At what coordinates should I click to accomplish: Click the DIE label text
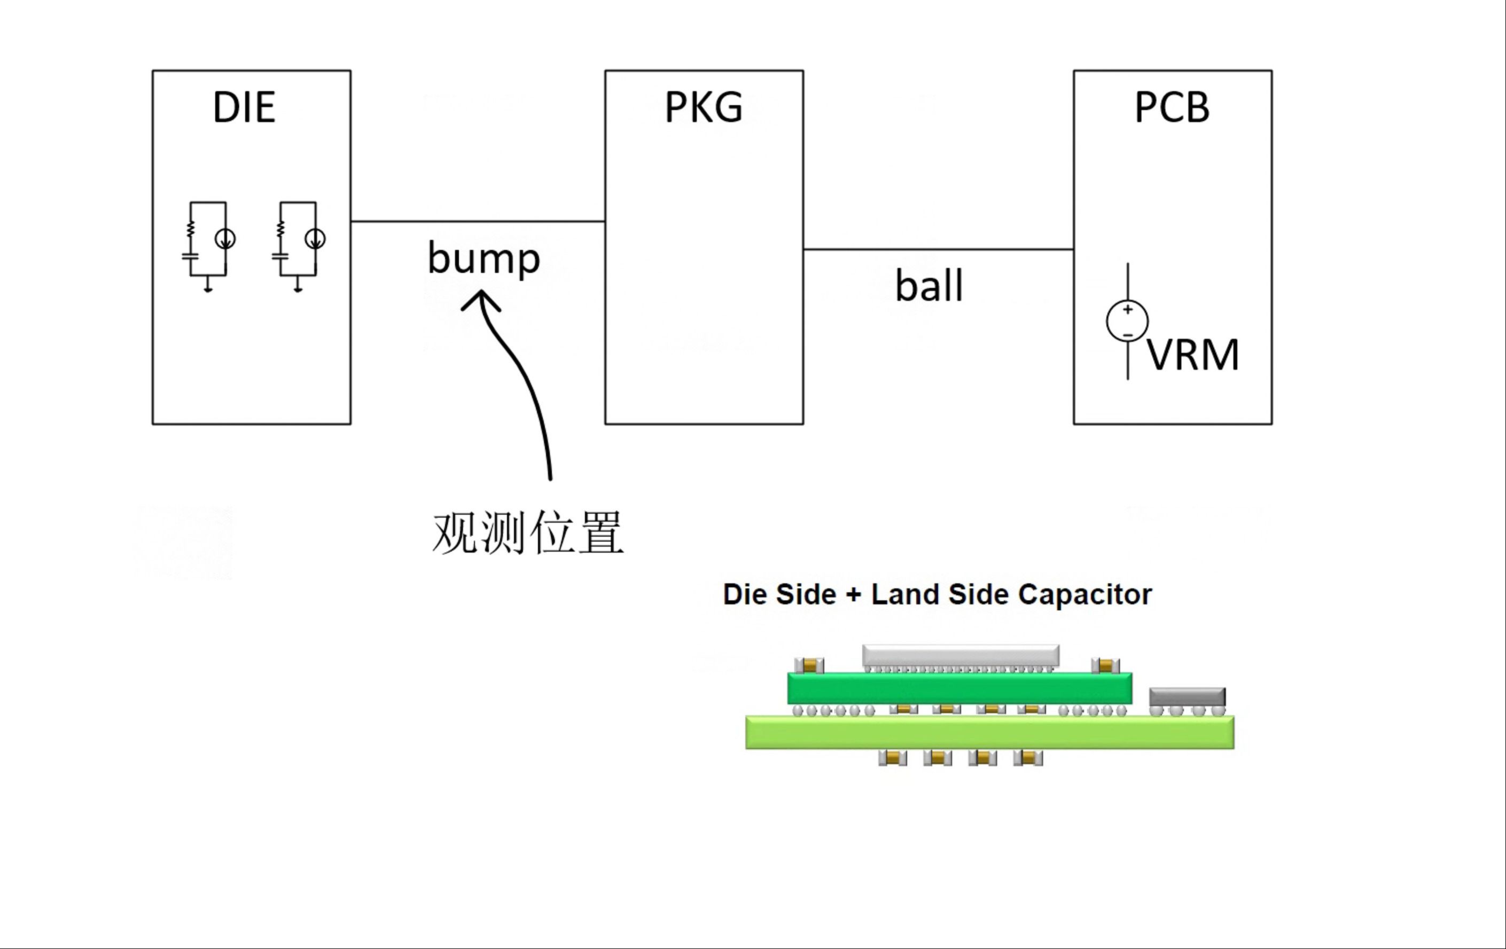[x=244, y=107]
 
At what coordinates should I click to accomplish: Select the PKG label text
[x=704, y=107]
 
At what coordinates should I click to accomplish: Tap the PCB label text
[x=1172, y=107]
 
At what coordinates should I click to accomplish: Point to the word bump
[x=483, y=258]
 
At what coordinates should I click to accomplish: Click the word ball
[x=928, y=286]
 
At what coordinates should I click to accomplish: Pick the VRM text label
[x=1192, y=355]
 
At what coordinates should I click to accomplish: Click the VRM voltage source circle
[x=1127, y=321]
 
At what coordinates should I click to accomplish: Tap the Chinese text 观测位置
[x=528, y=532]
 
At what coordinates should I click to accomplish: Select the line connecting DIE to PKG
[x=478, y=221]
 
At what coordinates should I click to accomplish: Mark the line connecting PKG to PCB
[x=938, y=249]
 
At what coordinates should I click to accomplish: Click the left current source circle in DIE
[x=225, y=239]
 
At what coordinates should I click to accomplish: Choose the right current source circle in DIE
[x=315, y=239]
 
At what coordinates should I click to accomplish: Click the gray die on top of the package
[x=961, y=655]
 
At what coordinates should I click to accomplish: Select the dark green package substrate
[x=959, y=688]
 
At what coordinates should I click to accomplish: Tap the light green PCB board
[x=989, y=732]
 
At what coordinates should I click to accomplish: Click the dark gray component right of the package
[x=1187, y=696]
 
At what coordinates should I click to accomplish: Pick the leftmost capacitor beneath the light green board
[x=893, y=758]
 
